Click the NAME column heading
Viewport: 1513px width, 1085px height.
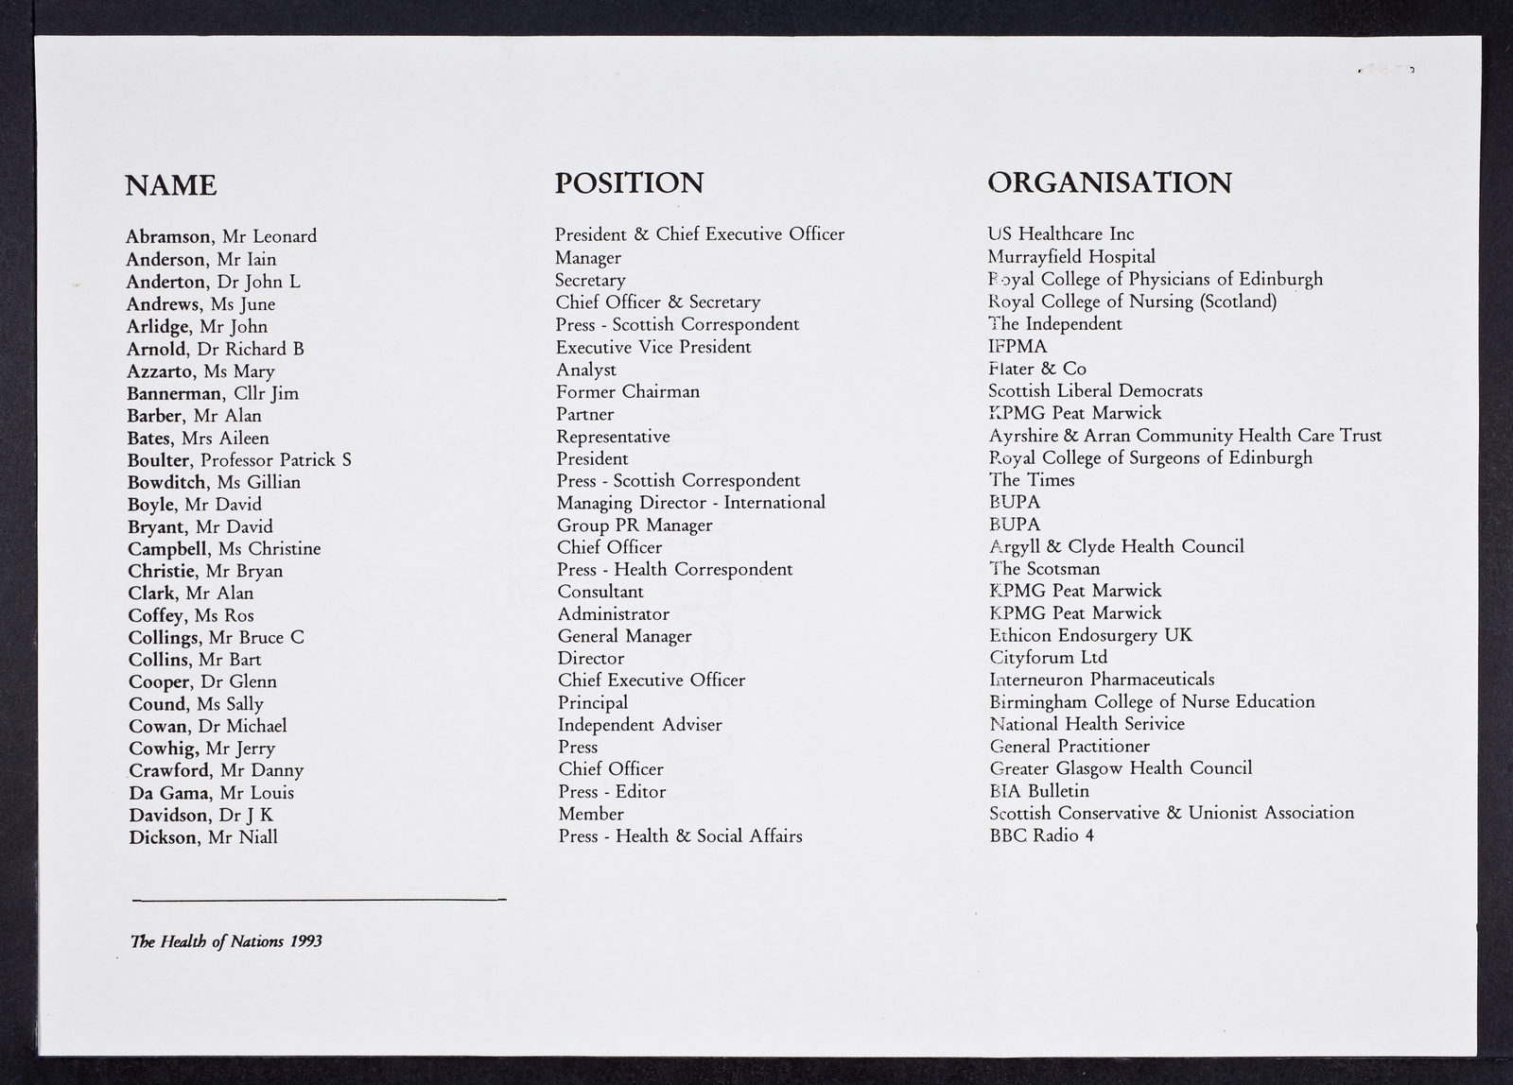(171, 185)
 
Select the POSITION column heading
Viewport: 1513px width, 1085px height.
(629, 182)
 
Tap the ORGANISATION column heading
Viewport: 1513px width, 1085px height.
(1109, 182)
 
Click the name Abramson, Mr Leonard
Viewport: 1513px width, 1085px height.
(221, 236)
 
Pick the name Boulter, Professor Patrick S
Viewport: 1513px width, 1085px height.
(239, 460)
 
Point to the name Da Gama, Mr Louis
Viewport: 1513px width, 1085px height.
(211, 793)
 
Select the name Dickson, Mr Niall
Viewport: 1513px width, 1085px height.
(203, 837)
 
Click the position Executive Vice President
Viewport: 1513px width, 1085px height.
(653, 347)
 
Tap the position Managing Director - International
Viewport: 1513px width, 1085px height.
(690, 503)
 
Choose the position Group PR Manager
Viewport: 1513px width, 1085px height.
(635, 525)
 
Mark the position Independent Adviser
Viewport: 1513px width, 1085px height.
(639, 725)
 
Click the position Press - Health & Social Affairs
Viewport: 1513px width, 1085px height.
(680, 836)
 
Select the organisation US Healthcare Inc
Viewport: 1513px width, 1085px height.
(1061, 234)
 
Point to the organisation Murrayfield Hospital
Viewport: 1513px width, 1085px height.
(1071, 257)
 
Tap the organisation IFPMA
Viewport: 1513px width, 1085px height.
(1017, 346)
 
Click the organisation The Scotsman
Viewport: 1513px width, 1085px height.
(1045, 569)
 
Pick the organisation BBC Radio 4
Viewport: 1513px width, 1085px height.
(1041, 835)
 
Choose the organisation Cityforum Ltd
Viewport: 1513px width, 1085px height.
(1048, 658)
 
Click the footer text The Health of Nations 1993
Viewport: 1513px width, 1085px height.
(226, 942)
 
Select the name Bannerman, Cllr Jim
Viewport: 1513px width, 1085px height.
(213, 393)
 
